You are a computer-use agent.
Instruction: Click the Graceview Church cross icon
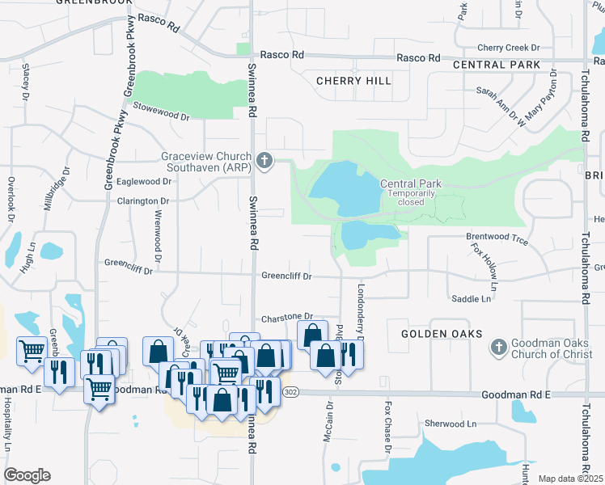264,162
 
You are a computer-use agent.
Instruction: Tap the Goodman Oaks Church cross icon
499,348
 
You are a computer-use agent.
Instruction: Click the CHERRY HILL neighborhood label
353,81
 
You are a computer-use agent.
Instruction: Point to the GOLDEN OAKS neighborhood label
442,334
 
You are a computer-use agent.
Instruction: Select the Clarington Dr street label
143,200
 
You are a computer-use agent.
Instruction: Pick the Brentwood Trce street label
497,240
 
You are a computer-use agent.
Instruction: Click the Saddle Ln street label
471,299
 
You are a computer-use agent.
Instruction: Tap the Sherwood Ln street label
451,424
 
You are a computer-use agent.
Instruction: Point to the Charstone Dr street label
286,318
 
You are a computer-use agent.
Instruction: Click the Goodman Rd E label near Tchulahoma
515,394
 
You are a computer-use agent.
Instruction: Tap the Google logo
27,475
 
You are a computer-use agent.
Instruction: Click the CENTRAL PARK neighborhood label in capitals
496,64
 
